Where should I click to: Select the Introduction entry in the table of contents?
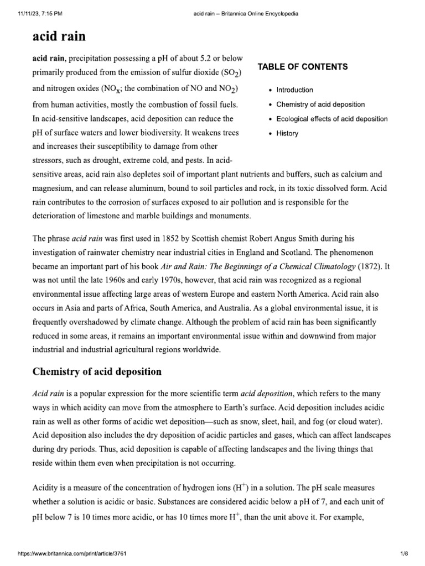coord(294,90)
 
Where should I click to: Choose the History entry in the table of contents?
coord(287,133)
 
